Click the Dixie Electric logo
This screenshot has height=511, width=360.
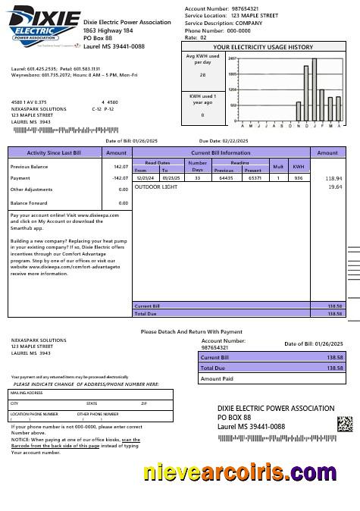point(42,25)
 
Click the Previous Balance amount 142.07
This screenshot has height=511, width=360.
point(120,166)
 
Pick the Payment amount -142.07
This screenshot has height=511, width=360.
point(118,178)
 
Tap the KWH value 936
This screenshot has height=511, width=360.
point(299,178)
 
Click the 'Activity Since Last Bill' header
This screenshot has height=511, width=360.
point(54,152)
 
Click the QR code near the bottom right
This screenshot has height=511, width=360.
point(345,424)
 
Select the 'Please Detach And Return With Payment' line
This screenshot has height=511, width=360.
point(191,331)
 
